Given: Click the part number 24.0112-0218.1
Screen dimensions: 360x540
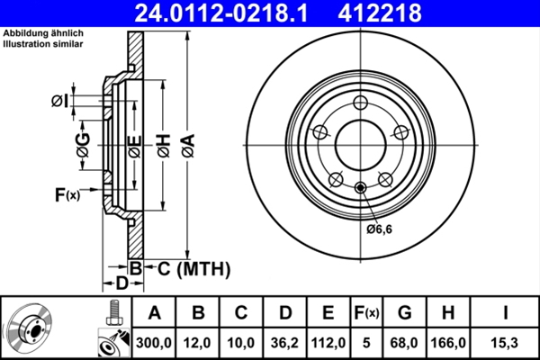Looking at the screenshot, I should click(233, 13).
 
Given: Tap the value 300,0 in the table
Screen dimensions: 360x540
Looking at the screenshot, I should click(155, 343).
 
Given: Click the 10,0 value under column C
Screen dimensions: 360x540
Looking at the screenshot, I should click(241, 343).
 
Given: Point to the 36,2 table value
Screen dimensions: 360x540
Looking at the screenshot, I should click(284, 343).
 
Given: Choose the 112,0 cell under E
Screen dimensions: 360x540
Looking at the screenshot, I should click(328, 343).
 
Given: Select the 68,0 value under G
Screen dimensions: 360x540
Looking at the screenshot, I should click(405, 343).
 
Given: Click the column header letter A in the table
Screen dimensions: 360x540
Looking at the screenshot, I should click(155, 313).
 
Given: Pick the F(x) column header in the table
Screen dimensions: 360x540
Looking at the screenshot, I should click(366, 313).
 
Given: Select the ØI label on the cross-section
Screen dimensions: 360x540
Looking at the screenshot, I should click(60, 100).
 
